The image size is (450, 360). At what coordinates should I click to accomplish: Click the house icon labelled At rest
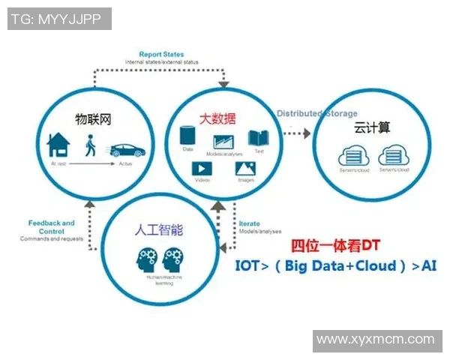[x=58, y=145]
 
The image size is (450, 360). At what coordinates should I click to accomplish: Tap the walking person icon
[x=90, y=145]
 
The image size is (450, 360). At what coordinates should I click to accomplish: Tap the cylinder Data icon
[x=188, y=137]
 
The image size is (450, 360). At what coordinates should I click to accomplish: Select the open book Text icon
[x=259, y=138]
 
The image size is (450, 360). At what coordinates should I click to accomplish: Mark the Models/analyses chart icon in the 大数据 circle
[x=224, y=140]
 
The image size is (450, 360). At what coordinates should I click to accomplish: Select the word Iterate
[x=249, y=224]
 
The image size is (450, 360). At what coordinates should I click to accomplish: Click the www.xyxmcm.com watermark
[x=376, y=340]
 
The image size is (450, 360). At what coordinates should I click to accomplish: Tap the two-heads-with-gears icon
[x=158, y=260]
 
